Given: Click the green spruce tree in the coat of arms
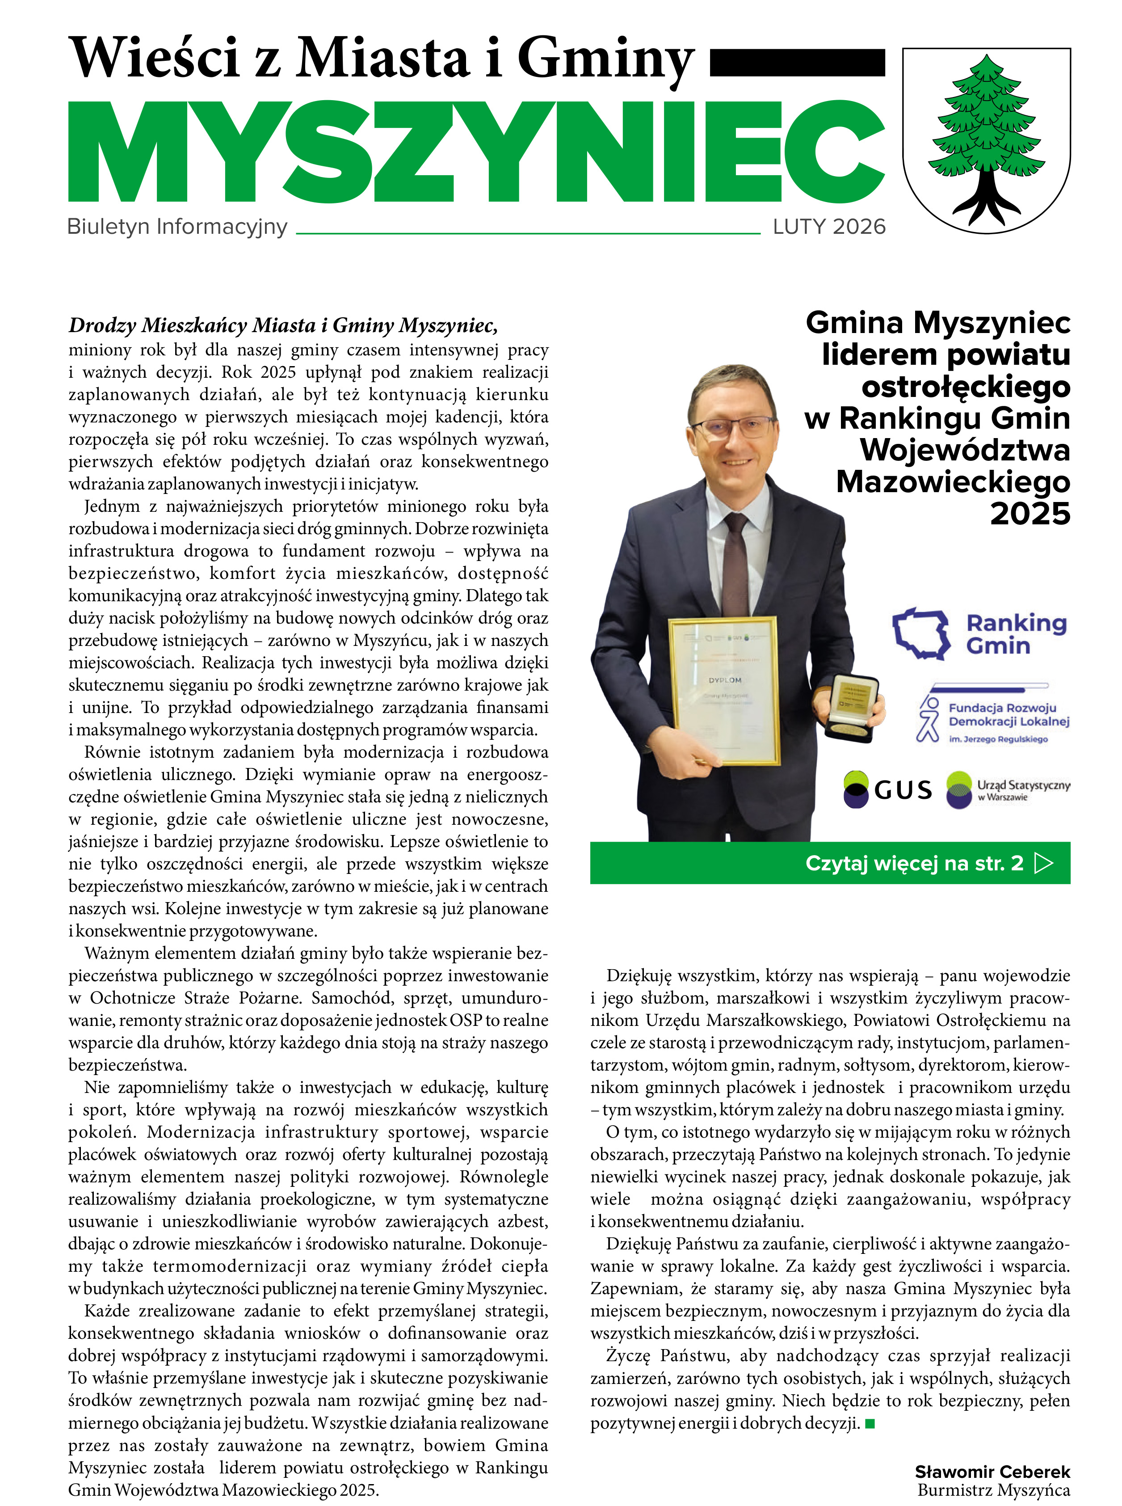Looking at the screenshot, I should coord(986,126).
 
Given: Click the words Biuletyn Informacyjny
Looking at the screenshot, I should coord(177,227).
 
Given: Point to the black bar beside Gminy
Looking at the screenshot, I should coord(797,63).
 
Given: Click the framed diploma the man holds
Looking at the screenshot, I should coord(724,689).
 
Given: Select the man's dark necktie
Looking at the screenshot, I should coord(735,564).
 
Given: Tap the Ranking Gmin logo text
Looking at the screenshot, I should coord(1016,634).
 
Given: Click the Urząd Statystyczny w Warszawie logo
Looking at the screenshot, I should coord(1008,790).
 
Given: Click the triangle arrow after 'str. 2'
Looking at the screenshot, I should coord(1043,863).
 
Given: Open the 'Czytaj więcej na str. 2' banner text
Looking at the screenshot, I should coord(913,863).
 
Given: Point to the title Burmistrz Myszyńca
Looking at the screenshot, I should coord(994,1490).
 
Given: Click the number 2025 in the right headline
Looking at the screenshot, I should coord(1030,514).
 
